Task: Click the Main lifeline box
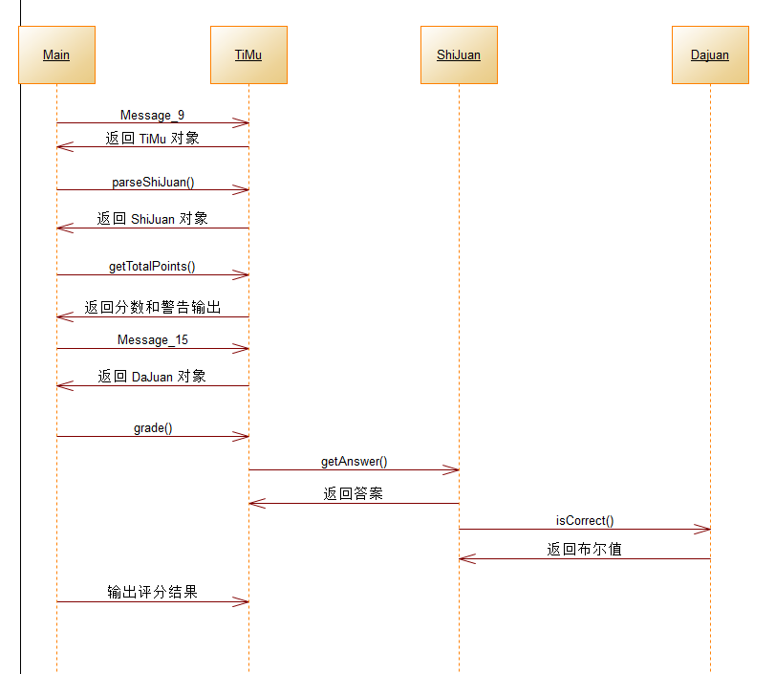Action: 56,54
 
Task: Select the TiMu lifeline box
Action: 248,54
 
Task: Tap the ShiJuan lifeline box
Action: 459,54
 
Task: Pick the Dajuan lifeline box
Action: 710,54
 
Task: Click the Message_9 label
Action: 152,115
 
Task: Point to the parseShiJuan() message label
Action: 153,182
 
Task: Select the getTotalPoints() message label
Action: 152,267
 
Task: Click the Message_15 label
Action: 152,340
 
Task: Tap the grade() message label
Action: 153,428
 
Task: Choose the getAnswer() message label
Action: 354,462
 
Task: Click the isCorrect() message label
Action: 584,521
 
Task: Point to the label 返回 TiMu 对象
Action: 152,139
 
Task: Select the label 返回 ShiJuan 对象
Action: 152,219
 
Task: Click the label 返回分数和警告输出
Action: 152,308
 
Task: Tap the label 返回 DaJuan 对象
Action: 152,377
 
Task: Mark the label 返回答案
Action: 354,494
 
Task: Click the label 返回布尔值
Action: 584,550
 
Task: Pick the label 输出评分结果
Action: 152,593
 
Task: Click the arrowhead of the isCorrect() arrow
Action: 704,529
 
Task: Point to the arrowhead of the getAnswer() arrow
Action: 453,469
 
